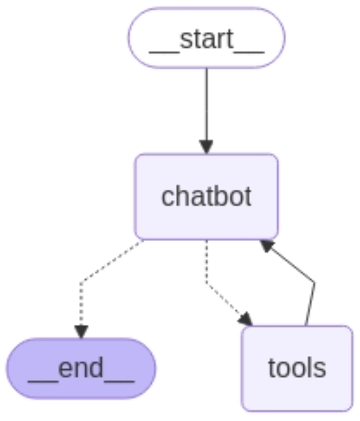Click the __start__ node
tap(206, 38)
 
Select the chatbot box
tap(207, 197)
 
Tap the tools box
tap(297, 368)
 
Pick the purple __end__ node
tap(81, 368)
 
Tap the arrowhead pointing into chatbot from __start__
tap(206, 147)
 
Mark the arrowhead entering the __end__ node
tap(81, 332)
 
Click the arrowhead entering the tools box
tap(245, 319)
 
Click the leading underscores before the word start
tap(164, 53)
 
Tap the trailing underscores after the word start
tap(249, 53)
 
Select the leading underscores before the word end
tap(43, 380)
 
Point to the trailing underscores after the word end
tap(119, 380)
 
